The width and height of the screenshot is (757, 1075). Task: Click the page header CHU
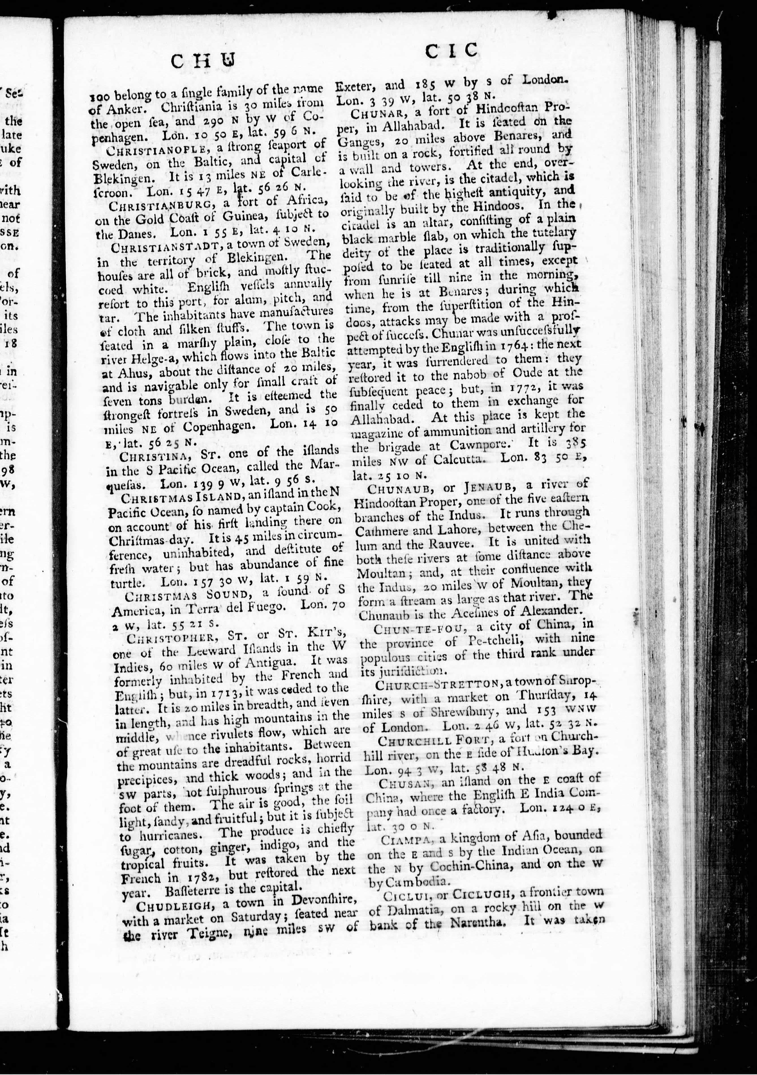[x=202, y=61]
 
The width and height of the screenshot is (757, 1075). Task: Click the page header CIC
[x=451, y=50]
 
